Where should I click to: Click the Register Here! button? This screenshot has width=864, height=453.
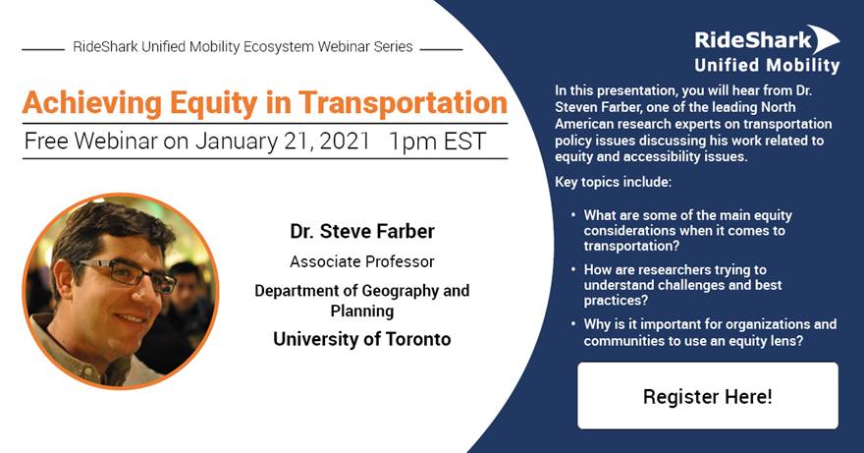[x=708, y=396]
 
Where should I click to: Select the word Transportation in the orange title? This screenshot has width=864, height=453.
[x=404, y=103]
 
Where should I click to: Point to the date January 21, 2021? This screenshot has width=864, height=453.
[x=282, y=142]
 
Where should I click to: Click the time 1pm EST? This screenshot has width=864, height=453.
[x=437, y=142]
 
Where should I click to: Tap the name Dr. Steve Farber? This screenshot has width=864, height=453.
[x=362, y=231]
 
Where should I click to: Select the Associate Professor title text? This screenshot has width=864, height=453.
[x=362, y=261]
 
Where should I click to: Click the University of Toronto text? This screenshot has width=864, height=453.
[x=362, y=338]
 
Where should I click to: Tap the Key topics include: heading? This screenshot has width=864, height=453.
[x=614, y=182]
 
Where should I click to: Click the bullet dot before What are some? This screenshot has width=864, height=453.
[x=573, y=213]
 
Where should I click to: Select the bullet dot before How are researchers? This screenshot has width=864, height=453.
[x=573, y=268]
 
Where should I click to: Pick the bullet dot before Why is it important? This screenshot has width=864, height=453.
[x=573, y=322]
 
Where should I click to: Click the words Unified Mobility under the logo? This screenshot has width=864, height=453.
[x=767, y=65]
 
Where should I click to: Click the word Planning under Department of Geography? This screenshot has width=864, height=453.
[x=362, y=311]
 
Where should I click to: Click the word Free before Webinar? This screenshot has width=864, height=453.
[x=47, y=142]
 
